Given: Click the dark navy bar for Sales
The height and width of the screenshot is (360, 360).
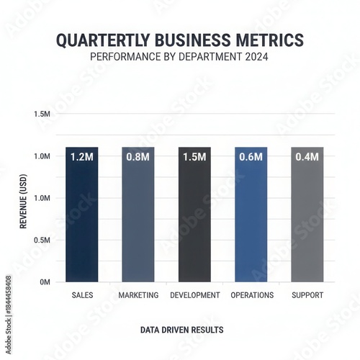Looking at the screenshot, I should pyautogui.click(x=82, y=216).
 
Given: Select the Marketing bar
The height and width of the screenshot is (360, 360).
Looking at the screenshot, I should pyautogui.click(x=138, y=216).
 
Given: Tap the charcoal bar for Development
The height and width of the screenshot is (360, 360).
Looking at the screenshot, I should pyautogui.click(x=194, y=216).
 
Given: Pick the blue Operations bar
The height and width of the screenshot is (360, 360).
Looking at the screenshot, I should pyautogui.click(x=251, y=216).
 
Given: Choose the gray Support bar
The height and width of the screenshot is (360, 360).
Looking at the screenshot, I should pyautogui.click(x=307, y=216).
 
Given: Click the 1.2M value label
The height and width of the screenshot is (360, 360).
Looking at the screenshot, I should pyautogui.click(x=82, y=157).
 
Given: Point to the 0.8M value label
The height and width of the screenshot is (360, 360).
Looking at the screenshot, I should pyautogui.click(x=138, y=157).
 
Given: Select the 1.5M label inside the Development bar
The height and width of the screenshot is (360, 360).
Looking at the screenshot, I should pyautogui.click(x=194, y=157).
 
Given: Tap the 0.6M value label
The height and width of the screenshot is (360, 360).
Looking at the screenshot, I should pyautogui.click(x=251, y=157).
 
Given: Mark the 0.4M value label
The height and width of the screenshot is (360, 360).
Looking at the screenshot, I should pyautogui.click(x=307, y=157).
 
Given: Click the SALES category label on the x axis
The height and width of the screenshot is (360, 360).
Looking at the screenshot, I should pyautogui.click(x=83, y=295).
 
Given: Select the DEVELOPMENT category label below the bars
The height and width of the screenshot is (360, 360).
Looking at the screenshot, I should pyautogui.click(x=194, y=295).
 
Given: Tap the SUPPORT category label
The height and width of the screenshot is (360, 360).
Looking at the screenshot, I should pyautogui.click(x=308, y=295).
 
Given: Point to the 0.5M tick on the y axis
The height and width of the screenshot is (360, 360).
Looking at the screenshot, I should pyautogui.click(x=42, y=240).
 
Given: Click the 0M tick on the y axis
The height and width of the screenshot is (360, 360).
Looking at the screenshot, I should pyautogui.click(x=45, y=282).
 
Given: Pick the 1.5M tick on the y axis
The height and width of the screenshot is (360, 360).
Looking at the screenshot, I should pyautogui.click(x=42, y=114).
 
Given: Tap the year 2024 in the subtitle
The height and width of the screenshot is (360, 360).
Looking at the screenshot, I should pyautogui.click(x=256, y=55).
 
